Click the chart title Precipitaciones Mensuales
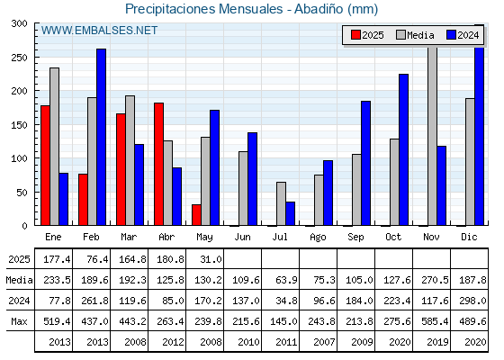(x=204, y=9)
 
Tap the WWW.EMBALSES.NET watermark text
(x=99, y=31)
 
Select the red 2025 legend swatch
(x=355, y=35)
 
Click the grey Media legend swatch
(x=400, y=35)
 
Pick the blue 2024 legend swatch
(x=451, y=35)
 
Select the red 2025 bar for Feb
(x=83, y=200)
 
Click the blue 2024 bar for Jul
(x=290, y=214)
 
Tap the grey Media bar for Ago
(x=319, y=200)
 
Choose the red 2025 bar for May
(x=196, y=215)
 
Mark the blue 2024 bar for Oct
(x=404, y=149)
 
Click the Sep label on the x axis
(x=355, y=238)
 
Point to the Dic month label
(x=469, y=238)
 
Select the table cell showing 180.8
(x=170, y=259)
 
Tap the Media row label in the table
(x=19, y=280)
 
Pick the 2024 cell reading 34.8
(x=286, y=301)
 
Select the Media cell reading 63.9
(x=286, y=280)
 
